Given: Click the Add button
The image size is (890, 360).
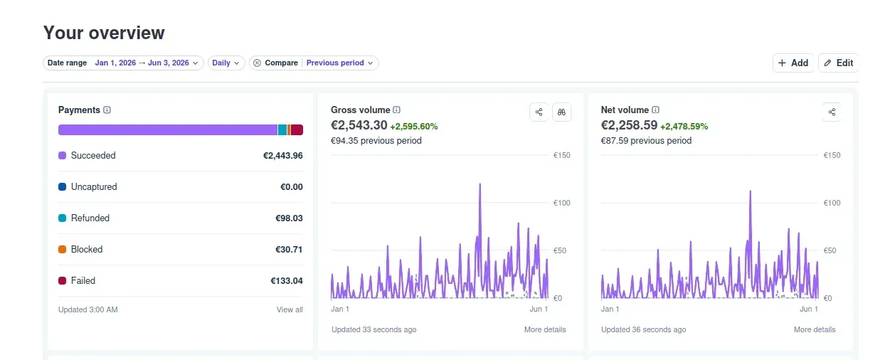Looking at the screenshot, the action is pyautogui.click(x=793, y=63).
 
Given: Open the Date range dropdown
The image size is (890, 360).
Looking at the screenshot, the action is pyautogui.click(x=123, y=63).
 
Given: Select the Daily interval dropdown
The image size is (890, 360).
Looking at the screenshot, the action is pyautogui.click(x=226, y=63).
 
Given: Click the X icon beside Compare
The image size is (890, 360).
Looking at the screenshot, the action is pyautogui.click(x=257, y=63).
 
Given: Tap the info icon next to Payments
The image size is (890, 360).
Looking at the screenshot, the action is pyautogui.click(x=107, y=110).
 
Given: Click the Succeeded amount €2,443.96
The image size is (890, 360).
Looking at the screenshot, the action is pyautogui.click(x=283, y=155).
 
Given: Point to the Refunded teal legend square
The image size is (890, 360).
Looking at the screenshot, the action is pyautogui.click(x=63, y=218).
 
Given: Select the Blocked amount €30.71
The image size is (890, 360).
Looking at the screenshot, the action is pyautogui.click(x=289, y=250).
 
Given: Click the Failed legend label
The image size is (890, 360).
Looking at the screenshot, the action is pyautogui.click(x=83, y=280).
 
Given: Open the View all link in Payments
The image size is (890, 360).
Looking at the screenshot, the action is pyautogui.click(x=290, y=309).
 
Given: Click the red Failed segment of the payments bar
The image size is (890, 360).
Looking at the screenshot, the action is pyautogui.click(x=297, y=129).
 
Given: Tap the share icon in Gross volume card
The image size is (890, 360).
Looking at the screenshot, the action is pyautogui.click(x=539, y=112).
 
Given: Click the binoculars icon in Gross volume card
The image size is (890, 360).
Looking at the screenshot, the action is pyautogui.click(x=561, y=112).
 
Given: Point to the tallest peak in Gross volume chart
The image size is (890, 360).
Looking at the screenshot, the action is pyautogui.click(x=480, y=184).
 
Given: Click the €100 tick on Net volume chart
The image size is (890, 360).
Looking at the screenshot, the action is pyautogui.click(x=832, y=203).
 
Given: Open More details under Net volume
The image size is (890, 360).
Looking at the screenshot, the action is pyautogui.click(x=815, y=329).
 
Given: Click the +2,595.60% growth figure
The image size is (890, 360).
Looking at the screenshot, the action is pyautogui.click(x=414, y=127).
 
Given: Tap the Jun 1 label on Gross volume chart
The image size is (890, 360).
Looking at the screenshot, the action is pyautogui.click(x=539, y=309).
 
